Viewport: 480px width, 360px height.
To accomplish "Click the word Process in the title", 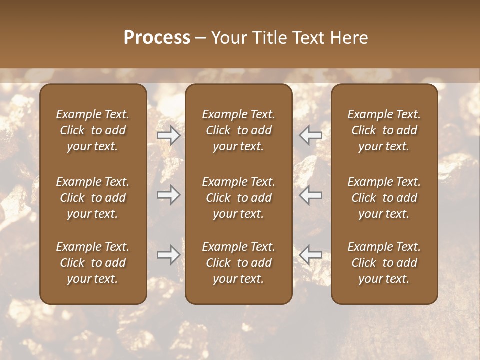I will coord(157,38).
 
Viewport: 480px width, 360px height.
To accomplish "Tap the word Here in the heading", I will coord(348,38).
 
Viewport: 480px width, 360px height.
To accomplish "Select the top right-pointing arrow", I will coord(168,135).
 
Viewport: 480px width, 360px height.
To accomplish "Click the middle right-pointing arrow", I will coord(168,195).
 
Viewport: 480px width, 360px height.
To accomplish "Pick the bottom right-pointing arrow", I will coord(168,255).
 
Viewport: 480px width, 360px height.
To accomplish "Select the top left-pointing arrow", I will coord(311,135).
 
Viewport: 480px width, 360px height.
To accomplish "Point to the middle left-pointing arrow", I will coord(311,195).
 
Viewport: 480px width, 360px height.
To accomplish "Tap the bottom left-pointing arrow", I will coord(311,255).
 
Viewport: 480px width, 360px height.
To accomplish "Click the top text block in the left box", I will coord(93,130).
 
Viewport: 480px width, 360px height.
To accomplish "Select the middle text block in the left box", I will coord(93,198).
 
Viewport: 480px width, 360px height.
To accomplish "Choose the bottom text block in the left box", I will coord(93,263).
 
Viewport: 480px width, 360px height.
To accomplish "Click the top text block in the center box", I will coord(239,130).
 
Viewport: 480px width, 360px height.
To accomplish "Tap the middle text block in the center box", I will coord(239,198).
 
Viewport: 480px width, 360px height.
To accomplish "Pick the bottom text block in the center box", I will coord(239,263).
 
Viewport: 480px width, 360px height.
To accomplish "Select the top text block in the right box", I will coord(384,130).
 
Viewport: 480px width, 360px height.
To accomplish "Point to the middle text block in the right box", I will coord(384,198).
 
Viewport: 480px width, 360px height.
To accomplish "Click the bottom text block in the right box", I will coord(384,263).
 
